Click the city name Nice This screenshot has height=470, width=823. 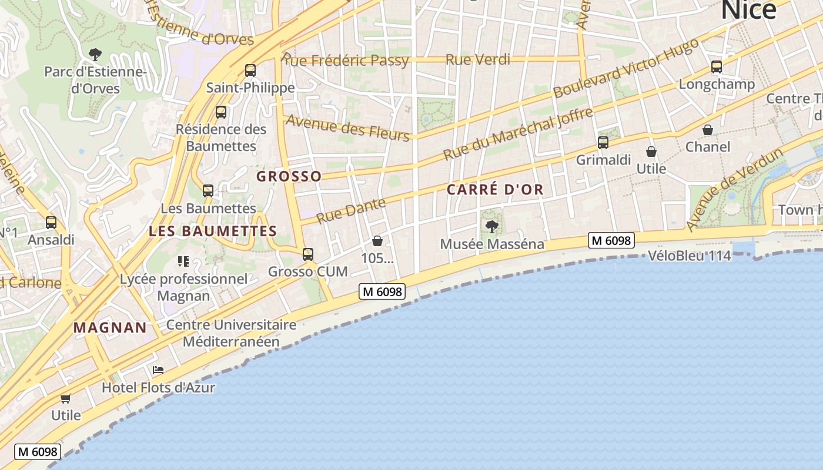tap(748, 9)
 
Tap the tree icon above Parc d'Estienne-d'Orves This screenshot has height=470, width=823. tap(95, 55)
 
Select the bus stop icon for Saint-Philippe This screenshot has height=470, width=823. tap(250, 70)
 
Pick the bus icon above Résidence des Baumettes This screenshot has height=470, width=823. tap(221, 112)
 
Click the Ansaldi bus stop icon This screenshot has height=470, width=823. tap(51, 223)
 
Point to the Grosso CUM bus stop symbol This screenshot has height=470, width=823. tap(308, 254)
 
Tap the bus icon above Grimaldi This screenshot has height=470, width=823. tap(603, 142)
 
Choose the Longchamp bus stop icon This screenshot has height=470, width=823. tap(717, 67)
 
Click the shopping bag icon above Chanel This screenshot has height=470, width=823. tap(708, 130)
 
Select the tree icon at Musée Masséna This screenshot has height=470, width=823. tap(492, 226)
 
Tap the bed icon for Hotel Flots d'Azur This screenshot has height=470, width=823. tap(158, 370)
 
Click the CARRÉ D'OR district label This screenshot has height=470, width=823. tap(495, 190)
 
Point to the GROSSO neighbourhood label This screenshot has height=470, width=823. tap(289, 176)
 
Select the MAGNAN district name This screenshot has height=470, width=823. tap(110, 328)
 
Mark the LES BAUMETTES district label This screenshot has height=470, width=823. tap(213, 231)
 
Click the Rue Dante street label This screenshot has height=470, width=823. tap(351, 210)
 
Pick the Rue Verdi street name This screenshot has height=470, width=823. tap(478, 59)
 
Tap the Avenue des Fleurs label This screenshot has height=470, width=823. tap(347, 127)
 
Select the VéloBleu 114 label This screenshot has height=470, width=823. tap(690, 256)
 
